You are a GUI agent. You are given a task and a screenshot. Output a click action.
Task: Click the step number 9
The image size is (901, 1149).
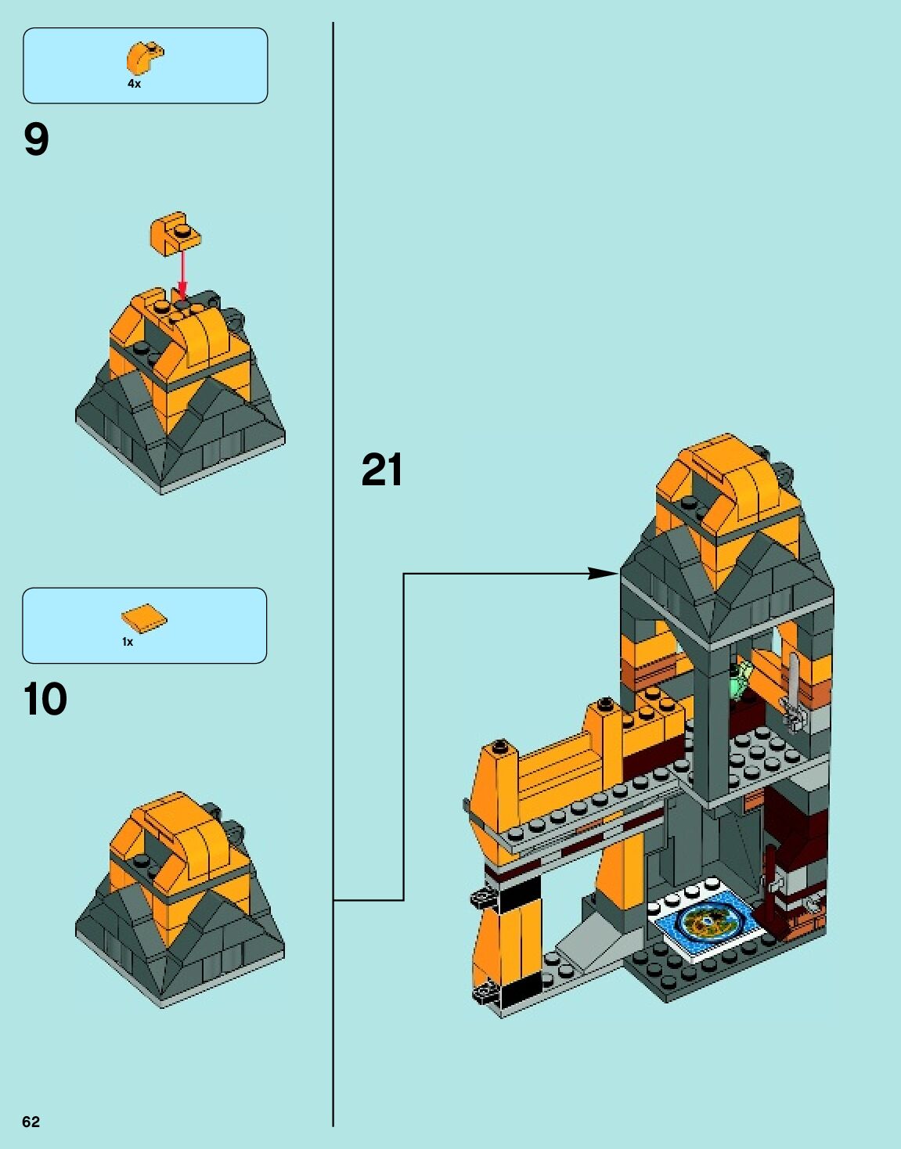[36, 141]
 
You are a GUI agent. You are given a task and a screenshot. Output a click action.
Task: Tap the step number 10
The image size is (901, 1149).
[45, 700]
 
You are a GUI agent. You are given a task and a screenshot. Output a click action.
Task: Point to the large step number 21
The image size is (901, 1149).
[382, 470]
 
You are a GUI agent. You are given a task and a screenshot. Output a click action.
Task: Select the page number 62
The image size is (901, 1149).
[31, 1122]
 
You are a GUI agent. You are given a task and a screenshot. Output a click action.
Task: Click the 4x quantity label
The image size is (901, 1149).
[135, 84]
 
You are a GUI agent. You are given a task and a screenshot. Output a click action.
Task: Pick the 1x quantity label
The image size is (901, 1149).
[128, 642]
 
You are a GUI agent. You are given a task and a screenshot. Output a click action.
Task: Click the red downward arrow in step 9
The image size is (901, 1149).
[182, 274]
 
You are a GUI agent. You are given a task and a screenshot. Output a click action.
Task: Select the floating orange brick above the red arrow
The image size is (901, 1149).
[175, 232]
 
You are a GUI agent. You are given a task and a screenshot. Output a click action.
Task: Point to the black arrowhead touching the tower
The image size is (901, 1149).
[604, 574]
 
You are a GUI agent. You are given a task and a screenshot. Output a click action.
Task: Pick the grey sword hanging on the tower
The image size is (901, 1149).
[795, 693]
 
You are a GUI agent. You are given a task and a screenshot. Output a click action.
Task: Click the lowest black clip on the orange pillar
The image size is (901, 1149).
[486, 994]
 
